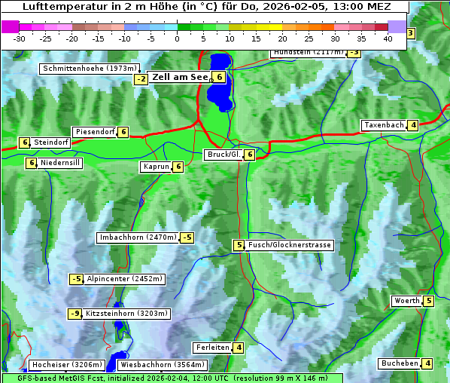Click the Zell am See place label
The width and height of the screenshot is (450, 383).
point(180,77)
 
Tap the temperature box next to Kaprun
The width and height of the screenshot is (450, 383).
point(178,167)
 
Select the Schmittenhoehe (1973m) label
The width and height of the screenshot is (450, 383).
point(90,68)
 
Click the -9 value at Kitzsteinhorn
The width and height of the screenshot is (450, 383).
point(74,314)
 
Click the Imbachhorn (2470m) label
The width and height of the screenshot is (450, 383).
point(138,237)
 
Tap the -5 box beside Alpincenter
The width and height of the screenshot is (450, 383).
point(76,279)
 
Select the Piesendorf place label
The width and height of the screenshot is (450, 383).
point(94,132)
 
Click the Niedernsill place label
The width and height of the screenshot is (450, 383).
point(60,162)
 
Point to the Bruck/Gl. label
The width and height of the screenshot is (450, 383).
point(223,155)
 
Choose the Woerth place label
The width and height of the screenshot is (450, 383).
point(406,301)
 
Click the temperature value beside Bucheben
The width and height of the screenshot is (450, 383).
point(428,363)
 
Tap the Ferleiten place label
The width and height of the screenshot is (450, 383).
point(211,348)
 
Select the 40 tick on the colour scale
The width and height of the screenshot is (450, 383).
point(388,38)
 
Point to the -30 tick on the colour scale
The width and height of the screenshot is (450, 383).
point(20,38)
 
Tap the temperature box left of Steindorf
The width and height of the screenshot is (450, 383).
point(25,142)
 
